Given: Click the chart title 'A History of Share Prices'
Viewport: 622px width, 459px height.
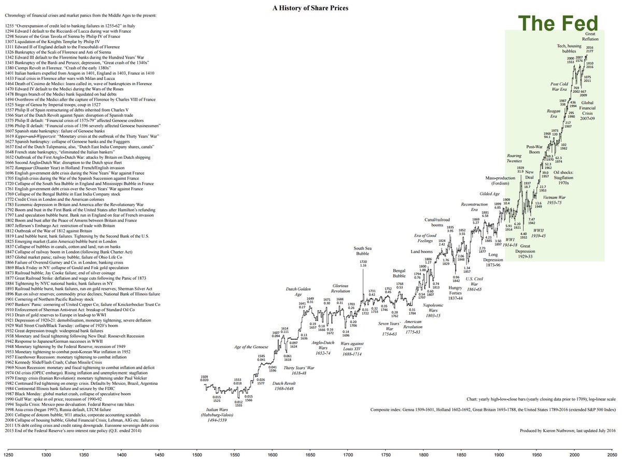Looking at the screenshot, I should (310, 8).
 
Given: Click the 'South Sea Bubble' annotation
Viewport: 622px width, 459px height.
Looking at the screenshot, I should (363, 251).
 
